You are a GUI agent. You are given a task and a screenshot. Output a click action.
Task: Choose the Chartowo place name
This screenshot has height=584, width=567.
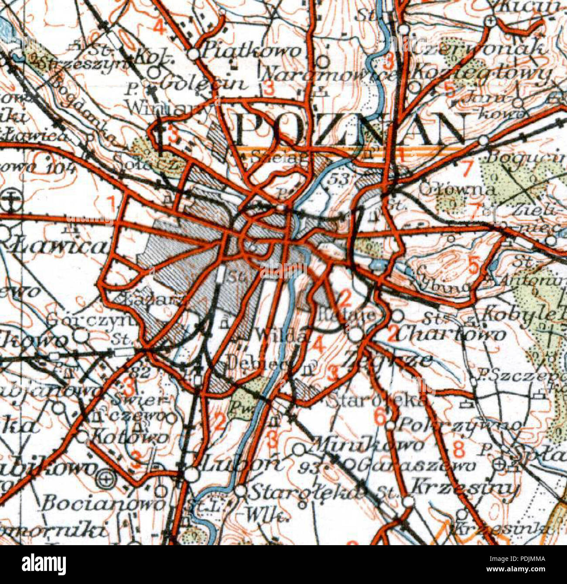coord(456,334)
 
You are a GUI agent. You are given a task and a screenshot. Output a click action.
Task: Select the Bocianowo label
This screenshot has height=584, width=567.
coord(102,504)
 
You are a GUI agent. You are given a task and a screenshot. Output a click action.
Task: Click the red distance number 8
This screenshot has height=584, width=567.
coord(458,448)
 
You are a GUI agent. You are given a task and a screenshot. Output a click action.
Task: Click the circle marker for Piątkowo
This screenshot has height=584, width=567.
coord(194,54)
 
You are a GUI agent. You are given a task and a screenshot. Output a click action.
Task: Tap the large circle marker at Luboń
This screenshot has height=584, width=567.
coord(191,474)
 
